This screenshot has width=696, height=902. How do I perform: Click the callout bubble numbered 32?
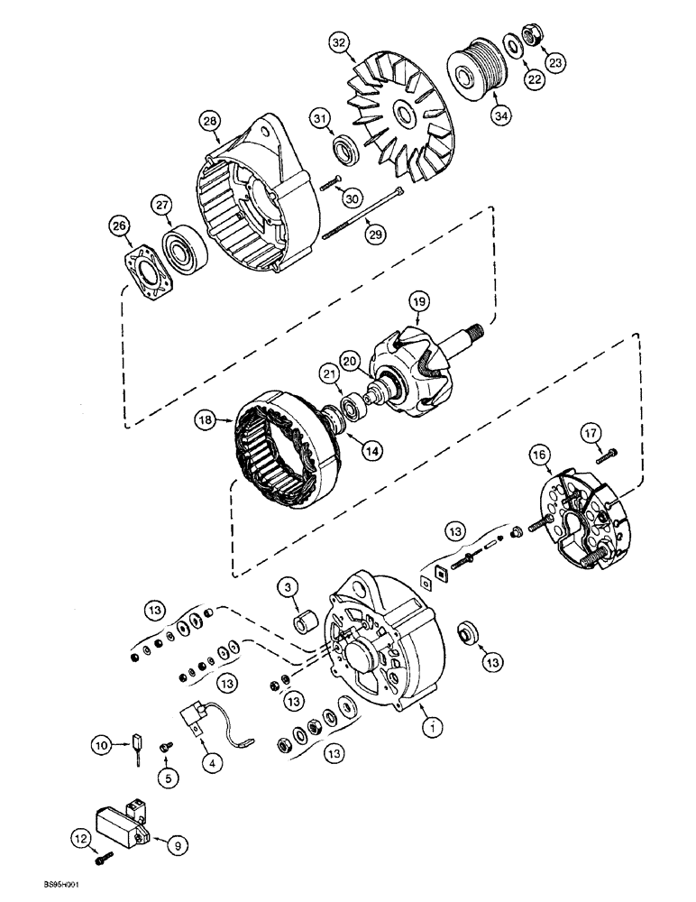(x=338, y=42)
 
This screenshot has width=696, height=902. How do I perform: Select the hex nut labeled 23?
(x=532, y=37)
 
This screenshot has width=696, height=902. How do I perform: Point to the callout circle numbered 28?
(x=210, y=121)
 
